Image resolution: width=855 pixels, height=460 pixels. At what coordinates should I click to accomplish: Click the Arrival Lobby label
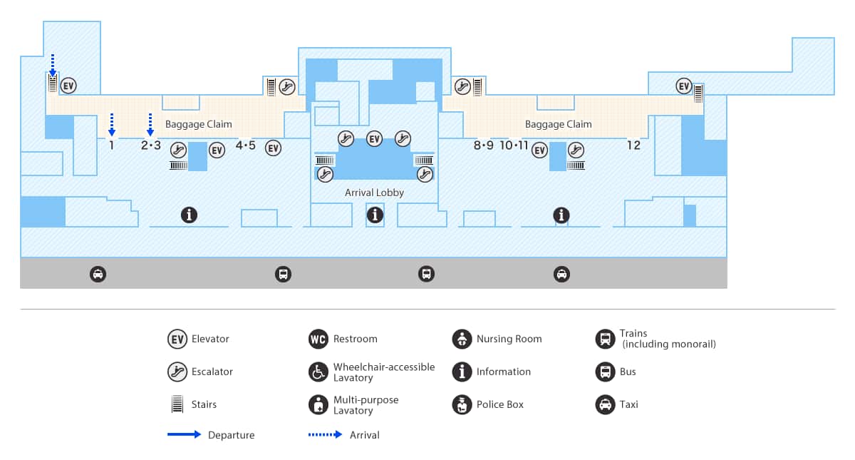tap(374, 193)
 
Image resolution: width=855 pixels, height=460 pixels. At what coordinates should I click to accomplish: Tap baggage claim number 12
tap(633, 145)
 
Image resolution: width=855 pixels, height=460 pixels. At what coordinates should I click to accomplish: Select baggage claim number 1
tap(112, 145)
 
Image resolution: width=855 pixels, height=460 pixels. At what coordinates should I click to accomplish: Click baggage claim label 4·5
tap(245, 145)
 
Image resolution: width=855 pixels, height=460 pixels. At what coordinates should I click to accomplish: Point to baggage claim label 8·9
tap(483, 145)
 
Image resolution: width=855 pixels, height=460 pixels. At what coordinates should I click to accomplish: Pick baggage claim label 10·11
tap(514, 145)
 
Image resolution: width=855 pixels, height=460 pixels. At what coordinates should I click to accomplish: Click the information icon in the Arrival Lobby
tap(375, 214)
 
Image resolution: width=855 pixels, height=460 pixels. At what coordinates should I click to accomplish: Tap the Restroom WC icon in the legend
tap(318, 339)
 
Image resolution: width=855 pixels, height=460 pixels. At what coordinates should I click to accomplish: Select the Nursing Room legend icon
tap(462, 339)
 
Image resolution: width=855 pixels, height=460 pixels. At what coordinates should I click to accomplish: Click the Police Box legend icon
tap(462, 404)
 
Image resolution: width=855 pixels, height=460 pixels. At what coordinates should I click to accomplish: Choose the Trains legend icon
tap(605, 338)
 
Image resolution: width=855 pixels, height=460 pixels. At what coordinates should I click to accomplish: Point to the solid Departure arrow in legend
tap(185, 434)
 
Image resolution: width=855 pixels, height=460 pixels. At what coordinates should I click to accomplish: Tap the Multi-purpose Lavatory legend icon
tap(318, 404)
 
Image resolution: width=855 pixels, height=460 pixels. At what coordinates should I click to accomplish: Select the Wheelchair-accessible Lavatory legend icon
tap(318, 372)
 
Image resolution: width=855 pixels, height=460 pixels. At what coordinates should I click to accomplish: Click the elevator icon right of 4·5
tap(273, 148)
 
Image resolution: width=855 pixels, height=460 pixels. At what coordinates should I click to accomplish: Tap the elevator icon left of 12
tap(684, 86)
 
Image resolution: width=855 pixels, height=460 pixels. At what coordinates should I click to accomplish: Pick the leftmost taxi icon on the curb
tap(98, 274)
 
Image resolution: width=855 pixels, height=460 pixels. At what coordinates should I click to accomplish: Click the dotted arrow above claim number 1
tap(112, 123)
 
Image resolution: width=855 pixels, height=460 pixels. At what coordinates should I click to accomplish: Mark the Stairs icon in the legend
tap(177, 404)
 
